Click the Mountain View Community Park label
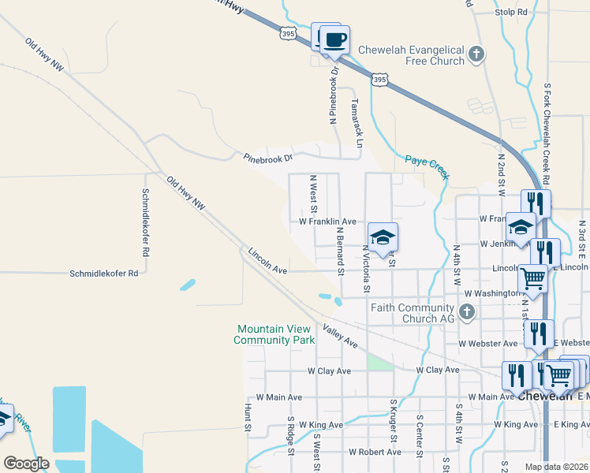coord(275,334)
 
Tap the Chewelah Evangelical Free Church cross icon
coord(476,54)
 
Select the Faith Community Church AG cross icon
coord(466,312)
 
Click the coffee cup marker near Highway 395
coord(334,39)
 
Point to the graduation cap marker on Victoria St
coord(383,237)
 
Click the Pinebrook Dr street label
coord(267,158)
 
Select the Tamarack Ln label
coord(356,124)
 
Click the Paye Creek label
coord(427,166)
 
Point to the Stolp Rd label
coord(510,13)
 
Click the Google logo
coord(26,464)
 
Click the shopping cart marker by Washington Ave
coord(532,277)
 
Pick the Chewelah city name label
coord(545,397)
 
